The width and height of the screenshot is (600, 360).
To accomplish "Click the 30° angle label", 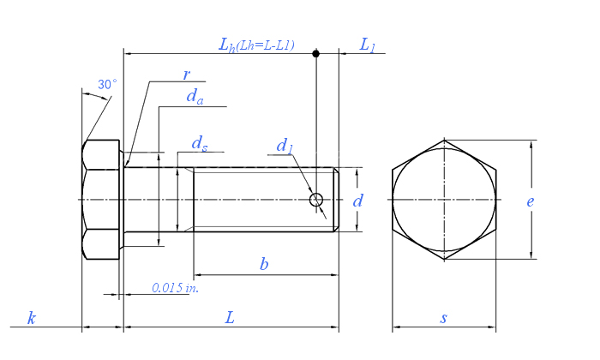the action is pos(107,84).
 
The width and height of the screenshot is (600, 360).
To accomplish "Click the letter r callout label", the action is pos(186,75).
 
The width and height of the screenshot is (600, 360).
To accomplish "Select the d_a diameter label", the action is pos(195,96).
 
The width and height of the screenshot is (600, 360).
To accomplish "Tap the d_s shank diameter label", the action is pos(200,144).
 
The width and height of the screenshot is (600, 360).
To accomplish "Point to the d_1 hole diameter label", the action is pos(285,146).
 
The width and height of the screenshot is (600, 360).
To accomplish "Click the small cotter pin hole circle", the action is pos(316,200).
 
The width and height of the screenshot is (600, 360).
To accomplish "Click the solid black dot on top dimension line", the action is pos(315,53).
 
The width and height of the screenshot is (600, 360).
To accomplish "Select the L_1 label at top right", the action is pos(367,45).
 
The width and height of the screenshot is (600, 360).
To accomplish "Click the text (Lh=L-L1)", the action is pos(266,45).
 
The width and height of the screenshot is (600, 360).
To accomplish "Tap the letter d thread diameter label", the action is pos(357,201).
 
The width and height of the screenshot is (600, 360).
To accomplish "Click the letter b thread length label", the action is pos(264,264).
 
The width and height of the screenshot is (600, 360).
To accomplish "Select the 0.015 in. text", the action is pos(175,288).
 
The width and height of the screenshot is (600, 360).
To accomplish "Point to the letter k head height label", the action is pos(32,318).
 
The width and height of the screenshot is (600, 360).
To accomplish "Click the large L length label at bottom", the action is pos(230,317).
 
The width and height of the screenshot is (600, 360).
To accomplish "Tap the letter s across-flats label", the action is pos(443,318).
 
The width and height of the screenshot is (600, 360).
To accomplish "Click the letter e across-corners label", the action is pos(530,201).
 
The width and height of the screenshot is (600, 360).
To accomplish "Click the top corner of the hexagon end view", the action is pos(444,140).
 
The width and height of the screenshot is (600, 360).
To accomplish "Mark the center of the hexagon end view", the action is pos(444,200).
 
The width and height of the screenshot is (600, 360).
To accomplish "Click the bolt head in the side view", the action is pos(101,200).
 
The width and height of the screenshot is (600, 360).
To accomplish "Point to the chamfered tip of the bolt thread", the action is pos(336,200).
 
